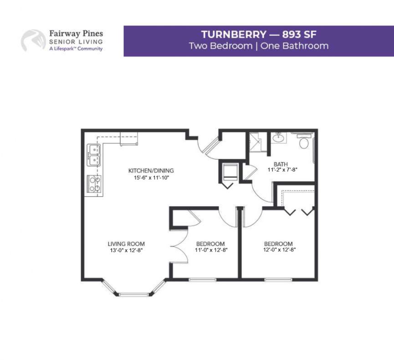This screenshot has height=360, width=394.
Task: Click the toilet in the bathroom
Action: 304,141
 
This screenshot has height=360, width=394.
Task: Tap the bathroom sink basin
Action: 278,137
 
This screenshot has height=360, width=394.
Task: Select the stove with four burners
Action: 94,184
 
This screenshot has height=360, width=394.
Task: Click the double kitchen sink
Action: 93,155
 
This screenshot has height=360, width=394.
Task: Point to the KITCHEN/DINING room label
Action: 151,171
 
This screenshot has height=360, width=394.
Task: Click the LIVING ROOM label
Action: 126,244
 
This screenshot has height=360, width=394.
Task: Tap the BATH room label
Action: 281,164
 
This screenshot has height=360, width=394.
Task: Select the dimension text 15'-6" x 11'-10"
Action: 152,178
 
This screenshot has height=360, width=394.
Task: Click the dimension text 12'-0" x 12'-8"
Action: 279,250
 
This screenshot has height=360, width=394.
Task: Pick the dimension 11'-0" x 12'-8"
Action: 211,250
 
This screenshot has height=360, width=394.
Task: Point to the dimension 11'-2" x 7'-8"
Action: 282,170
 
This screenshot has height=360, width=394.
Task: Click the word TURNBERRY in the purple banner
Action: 233,35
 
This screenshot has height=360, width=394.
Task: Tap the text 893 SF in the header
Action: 299,35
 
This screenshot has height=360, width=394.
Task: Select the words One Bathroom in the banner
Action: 294,46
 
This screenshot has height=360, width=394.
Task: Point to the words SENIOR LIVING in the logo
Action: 76,42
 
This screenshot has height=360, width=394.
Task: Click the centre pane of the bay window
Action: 134,294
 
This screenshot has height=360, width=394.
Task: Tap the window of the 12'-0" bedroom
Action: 278,279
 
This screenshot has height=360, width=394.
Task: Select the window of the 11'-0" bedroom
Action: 203,279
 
